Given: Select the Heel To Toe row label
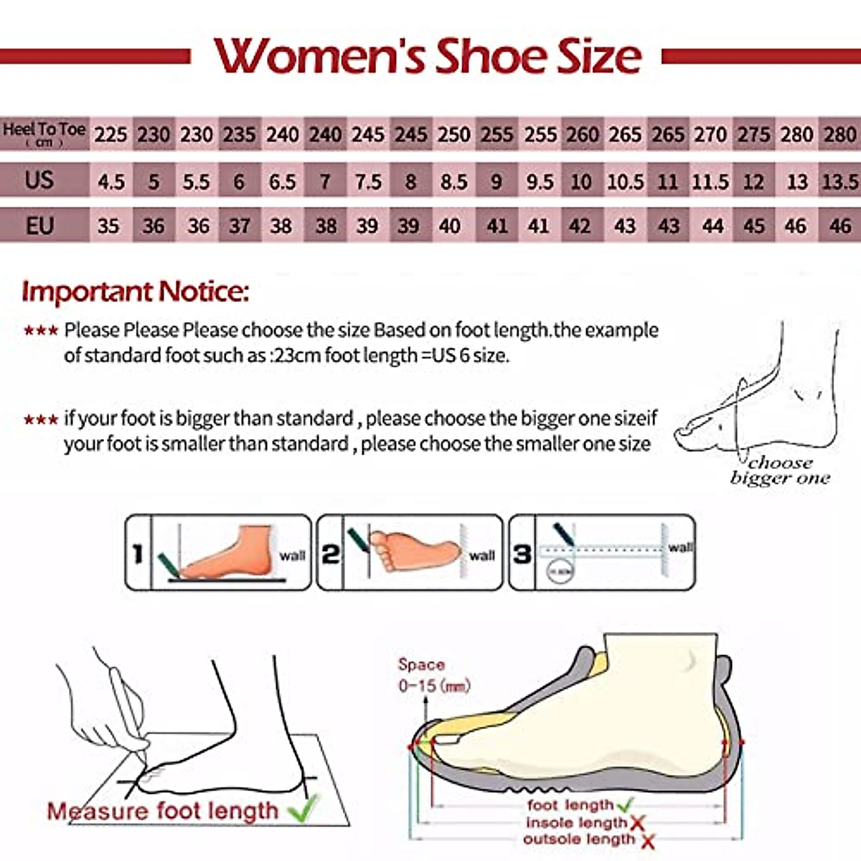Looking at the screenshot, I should point(44,133).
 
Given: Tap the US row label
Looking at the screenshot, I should point(39,179).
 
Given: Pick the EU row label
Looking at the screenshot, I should point(39,225).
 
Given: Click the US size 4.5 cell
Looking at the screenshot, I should point(111,182).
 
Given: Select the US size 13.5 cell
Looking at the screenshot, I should point(839,182).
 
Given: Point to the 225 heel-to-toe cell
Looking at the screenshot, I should point(111,134).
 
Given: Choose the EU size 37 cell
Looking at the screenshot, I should point(239,227).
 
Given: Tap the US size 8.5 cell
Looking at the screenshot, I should point(453,182).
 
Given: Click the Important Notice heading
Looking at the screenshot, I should point(136,292).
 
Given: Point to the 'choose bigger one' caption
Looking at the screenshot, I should point(780,471).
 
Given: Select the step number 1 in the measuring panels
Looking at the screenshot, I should point(138,553).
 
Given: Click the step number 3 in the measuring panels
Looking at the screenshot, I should point(522,553).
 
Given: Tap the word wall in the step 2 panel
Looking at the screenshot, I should point(482,555).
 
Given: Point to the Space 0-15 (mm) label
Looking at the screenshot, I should point(433,675).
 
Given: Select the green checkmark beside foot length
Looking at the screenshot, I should point(625,805).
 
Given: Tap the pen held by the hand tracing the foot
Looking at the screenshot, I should point(129,710).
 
